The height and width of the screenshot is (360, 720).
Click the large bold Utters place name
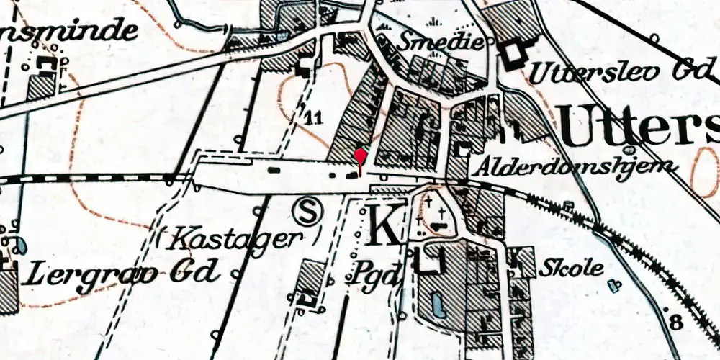tap(637, 128)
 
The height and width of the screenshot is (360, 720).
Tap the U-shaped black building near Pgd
tap(431, 261)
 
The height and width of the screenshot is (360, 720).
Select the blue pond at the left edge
tap(21, 245)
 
